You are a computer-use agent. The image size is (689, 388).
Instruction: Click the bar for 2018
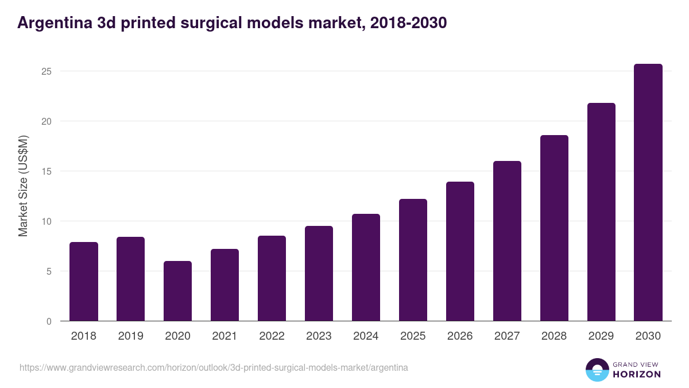click(84, 282)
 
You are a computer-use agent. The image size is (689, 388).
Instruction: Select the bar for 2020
click(177, 291)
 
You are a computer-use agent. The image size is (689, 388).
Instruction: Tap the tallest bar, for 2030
click(648, 193)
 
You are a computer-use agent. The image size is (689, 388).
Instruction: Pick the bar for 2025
click(413, 260)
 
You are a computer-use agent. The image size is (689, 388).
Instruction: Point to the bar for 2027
click(507, 241)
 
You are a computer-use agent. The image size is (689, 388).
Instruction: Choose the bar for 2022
click(272, 278)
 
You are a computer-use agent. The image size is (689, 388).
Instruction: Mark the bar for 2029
click(601, 212)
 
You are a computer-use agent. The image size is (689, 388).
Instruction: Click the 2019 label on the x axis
click(130, 336)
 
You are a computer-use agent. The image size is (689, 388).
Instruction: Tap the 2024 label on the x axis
click(366, 336)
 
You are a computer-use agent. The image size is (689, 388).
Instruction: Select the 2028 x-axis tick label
click(554, 336)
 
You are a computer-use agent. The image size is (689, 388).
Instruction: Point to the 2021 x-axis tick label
click(224, 336)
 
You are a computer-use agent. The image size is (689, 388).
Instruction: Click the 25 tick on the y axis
click(47, 71)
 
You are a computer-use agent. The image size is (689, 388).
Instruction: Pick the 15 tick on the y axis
click(47, 171)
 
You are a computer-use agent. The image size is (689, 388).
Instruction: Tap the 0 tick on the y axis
click(49, 321)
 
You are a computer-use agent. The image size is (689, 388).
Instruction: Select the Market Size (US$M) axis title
click(23, 186)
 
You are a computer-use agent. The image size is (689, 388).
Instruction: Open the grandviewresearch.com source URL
click(214, 367)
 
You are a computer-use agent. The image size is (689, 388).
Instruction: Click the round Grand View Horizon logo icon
click(597, 370)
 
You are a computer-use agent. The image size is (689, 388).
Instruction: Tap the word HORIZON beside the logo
click(637, 374)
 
